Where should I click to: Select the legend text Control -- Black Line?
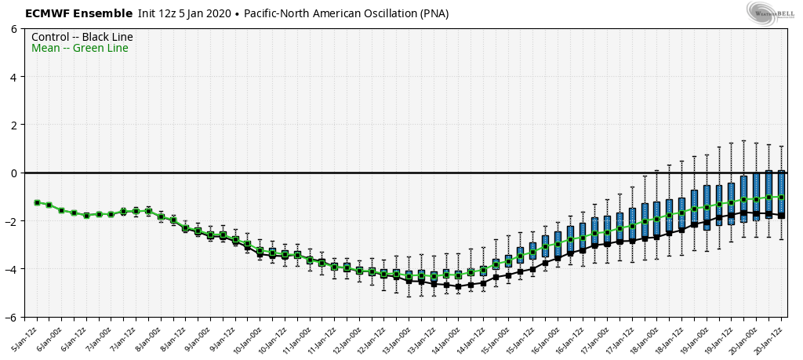pyautogui.click(x=82, y=37)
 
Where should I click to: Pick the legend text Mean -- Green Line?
pyautogui.click(x=79, y=49)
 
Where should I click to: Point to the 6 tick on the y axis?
pyautogui.click(x=15, y=29)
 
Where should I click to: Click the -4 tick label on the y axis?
pyautogui.click(x=13, y=269)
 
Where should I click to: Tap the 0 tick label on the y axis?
pyautogui.click(x=15, y=173)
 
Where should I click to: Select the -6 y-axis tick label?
pyautogui.click(x=13, y=317)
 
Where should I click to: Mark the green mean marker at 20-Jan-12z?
pyautogui.click(x=781, y=198)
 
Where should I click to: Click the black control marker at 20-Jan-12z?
pyautogui.click(x=781, y=215)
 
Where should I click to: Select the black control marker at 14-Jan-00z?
pyautogui.click(x=459, y=286)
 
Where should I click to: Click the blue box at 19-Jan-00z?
pyautogui.click(x=707, y=207)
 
